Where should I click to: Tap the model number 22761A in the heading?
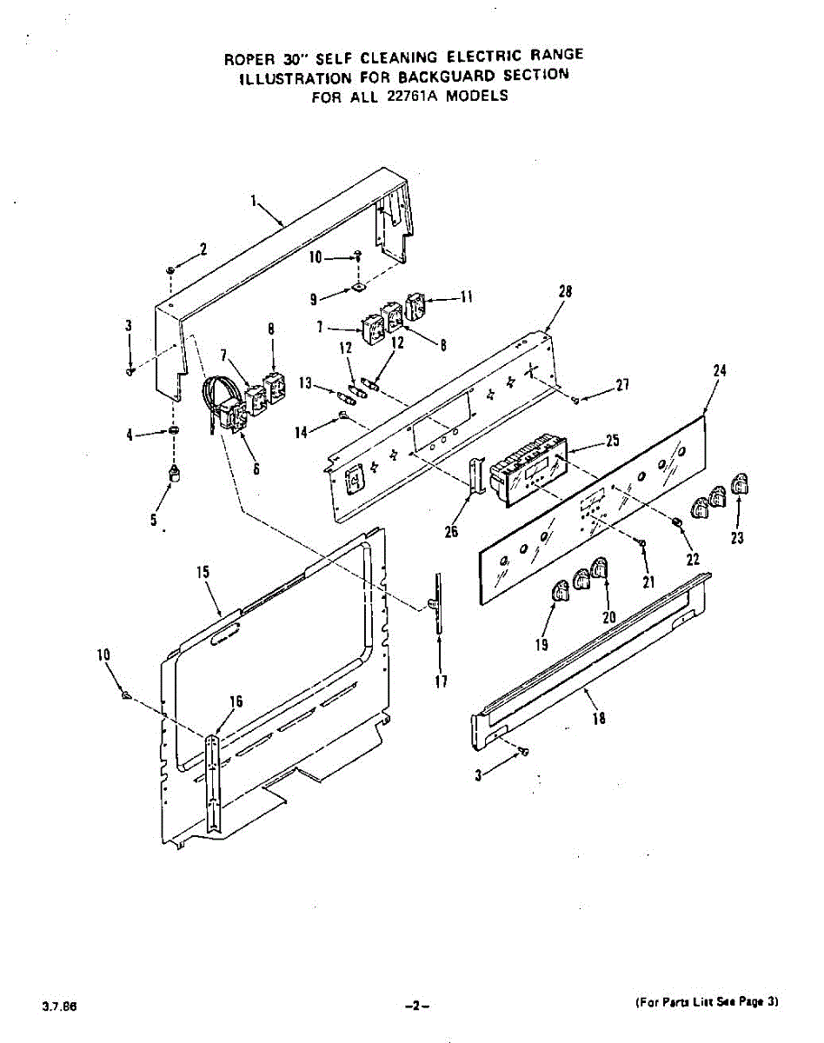click(408, 96)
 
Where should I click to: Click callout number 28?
click(565, 293)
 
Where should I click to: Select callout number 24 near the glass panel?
click(719, 370)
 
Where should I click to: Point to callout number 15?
click(203, 572)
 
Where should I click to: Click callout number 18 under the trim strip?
click(598, 718)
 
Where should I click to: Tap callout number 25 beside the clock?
click(612, 441)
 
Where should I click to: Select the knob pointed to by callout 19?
click(558, 593)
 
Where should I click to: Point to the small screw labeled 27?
click(576, 399)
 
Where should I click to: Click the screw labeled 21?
click(641, 543)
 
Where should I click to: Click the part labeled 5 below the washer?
click(175, 472)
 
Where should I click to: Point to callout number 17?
click(442, 681)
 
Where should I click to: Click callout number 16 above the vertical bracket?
click(236, 702)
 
